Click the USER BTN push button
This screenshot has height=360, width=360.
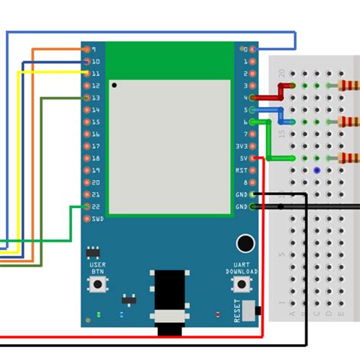click(97, 285)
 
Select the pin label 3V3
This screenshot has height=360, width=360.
click(240, 146)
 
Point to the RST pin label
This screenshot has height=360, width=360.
click(240, 170)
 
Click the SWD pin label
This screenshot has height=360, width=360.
click(98, 219)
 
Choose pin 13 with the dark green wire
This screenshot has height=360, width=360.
click(87, 98)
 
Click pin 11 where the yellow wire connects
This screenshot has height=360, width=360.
click(87, 74)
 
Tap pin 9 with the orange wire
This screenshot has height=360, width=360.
click(87, 49)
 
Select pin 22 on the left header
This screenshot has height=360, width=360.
click(87, 207)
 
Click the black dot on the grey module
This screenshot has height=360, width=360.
click(114, 86)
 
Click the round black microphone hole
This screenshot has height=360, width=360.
click(245, 243)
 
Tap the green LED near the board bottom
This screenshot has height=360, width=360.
click(99, 314)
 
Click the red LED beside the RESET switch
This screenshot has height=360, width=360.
click(218, 314)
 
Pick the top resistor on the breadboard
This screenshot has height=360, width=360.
click(349, 85)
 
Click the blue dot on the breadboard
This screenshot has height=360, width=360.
click(315, 171)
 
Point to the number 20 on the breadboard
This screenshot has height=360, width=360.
click(282, 74)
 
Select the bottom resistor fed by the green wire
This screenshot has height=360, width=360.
click(349, 158)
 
